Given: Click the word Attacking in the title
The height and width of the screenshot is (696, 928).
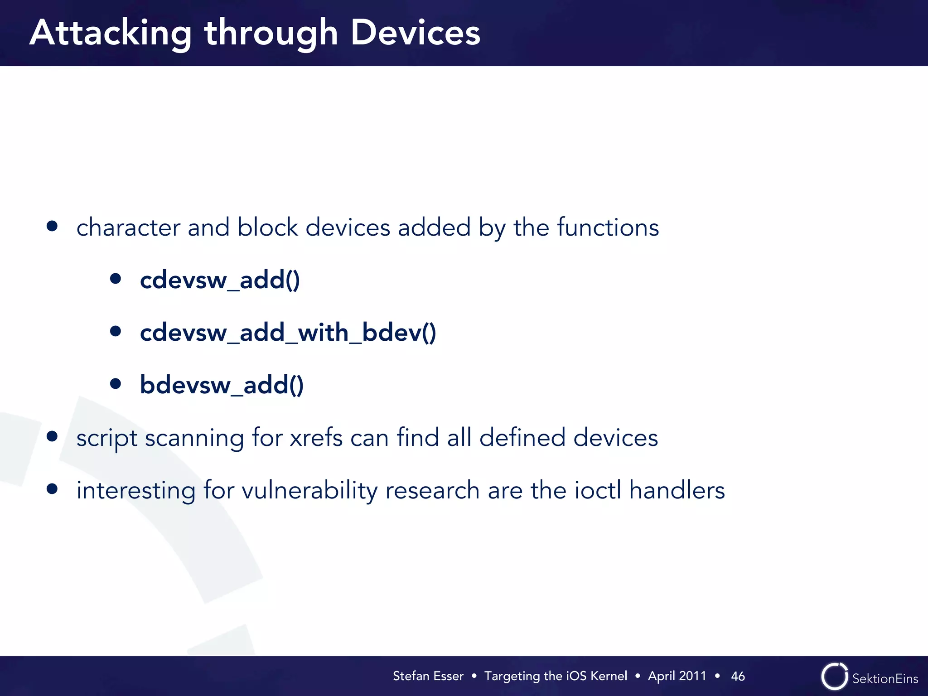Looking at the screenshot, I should tap(111, 34).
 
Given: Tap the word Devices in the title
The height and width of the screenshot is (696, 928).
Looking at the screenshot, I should tap(415, 33).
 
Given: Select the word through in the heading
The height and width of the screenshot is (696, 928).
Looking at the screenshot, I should tap(271, 34).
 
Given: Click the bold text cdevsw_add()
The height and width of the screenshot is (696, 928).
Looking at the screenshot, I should tap(220, 280).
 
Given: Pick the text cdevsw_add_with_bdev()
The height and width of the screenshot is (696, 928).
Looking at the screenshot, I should tap(288, 333).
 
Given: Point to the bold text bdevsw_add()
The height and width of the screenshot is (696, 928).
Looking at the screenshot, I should tap(222, 385).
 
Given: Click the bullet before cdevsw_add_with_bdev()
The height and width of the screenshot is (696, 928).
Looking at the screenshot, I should tap(116, 331).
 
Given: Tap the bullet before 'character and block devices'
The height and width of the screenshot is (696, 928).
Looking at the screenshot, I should tap(52, 226).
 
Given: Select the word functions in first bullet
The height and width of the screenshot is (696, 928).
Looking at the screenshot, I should tap(608, 227).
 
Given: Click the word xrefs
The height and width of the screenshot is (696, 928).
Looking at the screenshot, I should tap(316, 438).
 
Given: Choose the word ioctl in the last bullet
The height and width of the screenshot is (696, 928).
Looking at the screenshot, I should tap(598, 490).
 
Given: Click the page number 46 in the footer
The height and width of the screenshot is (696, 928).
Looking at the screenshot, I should tap(738, 676).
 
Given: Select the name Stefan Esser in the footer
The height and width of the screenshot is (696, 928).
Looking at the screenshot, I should tap(428, 676).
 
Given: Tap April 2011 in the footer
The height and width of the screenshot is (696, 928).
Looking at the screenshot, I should tap(677, 676).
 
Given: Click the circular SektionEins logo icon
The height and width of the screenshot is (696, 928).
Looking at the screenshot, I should tap(834, 677).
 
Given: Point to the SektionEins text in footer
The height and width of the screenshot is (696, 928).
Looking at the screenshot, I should tap(884, 678).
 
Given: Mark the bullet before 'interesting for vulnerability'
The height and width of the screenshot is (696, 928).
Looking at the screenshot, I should tap(52, 489).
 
